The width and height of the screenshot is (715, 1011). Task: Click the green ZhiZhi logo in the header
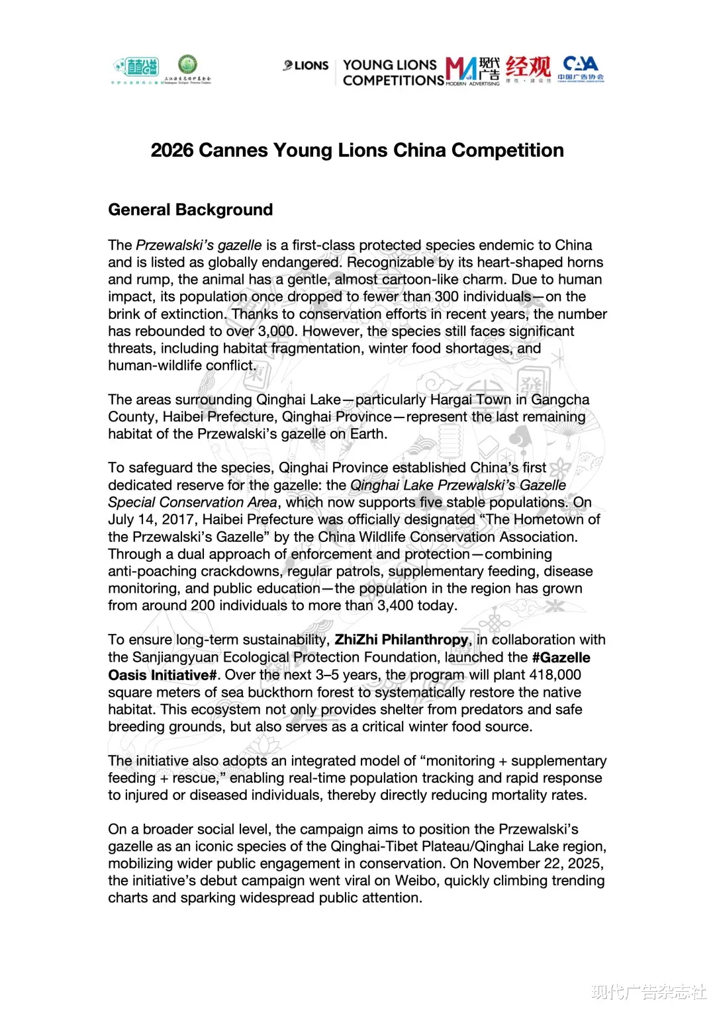(x=136, y=67)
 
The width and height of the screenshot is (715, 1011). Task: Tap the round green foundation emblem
(x=187, y=65)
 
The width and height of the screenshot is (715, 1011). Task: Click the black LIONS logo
(x=306, y=66)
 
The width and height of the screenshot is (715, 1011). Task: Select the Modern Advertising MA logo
(x=472, y=71)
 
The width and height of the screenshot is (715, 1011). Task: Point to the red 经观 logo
(x=528, y=67)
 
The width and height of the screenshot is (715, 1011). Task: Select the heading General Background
(x=190, y=210)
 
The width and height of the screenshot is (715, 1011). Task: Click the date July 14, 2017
(x=153, y=520)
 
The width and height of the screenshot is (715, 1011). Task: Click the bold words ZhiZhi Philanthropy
(x=401, y=640)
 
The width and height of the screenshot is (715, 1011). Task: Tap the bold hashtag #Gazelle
(x=561, y=658)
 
